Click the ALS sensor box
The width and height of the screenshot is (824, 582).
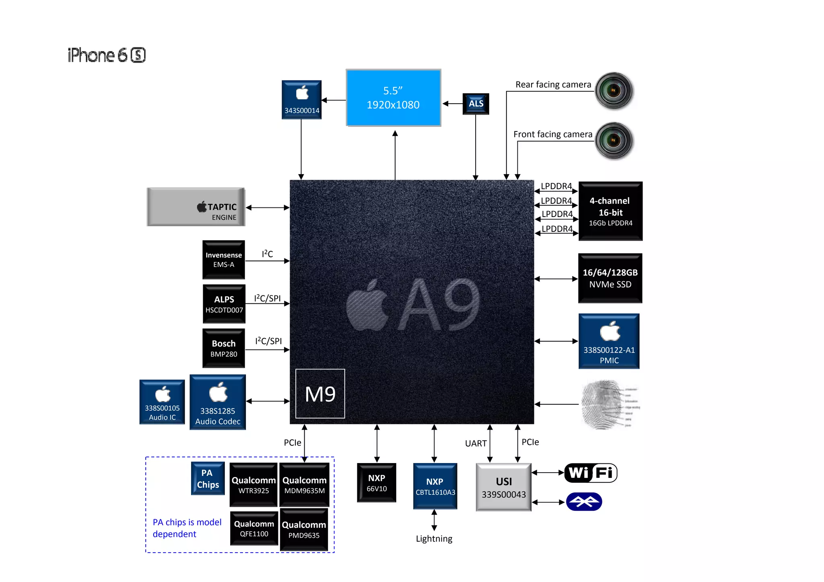coord(476,104)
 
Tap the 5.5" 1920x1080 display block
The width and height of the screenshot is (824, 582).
coord(393,98)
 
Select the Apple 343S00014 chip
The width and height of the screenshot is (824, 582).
coord(301,100)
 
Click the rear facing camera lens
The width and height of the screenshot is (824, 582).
coord(614,90)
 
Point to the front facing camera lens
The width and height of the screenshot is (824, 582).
coord(614,141)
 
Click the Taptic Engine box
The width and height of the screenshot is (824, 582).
coord(196,207)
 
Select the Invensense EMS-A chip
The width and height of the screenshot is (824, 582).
coord(224,260)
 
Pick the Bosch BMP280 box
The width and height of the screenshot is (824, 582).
coord(224,348)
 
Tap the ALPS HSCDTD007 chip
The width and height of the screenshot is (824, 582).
coord(224,304)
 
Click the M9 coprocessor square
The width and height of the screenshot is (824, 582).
coord(320,393)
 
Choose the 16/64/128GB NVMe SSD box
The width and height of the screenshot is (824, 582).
coord(610,278)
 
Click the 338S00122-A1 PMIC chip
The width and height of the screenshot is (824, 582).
coord(609,341)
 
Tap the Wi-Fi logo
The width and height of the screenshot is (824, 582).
coord(591,473)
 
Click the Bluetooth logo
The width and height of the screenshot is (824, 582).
coord(584,502)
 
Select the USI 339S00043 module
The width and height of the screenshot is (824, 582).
coord(503,487)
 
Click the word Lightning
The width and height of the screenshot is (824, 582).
coord(434,539)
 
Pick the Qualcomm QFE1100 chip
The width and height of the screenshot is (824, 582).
coord(254,528)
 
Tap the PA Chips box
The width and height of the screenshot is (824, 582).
coord(208,478)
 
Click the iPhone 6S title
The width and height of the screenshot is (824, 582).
coord(107,55)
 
